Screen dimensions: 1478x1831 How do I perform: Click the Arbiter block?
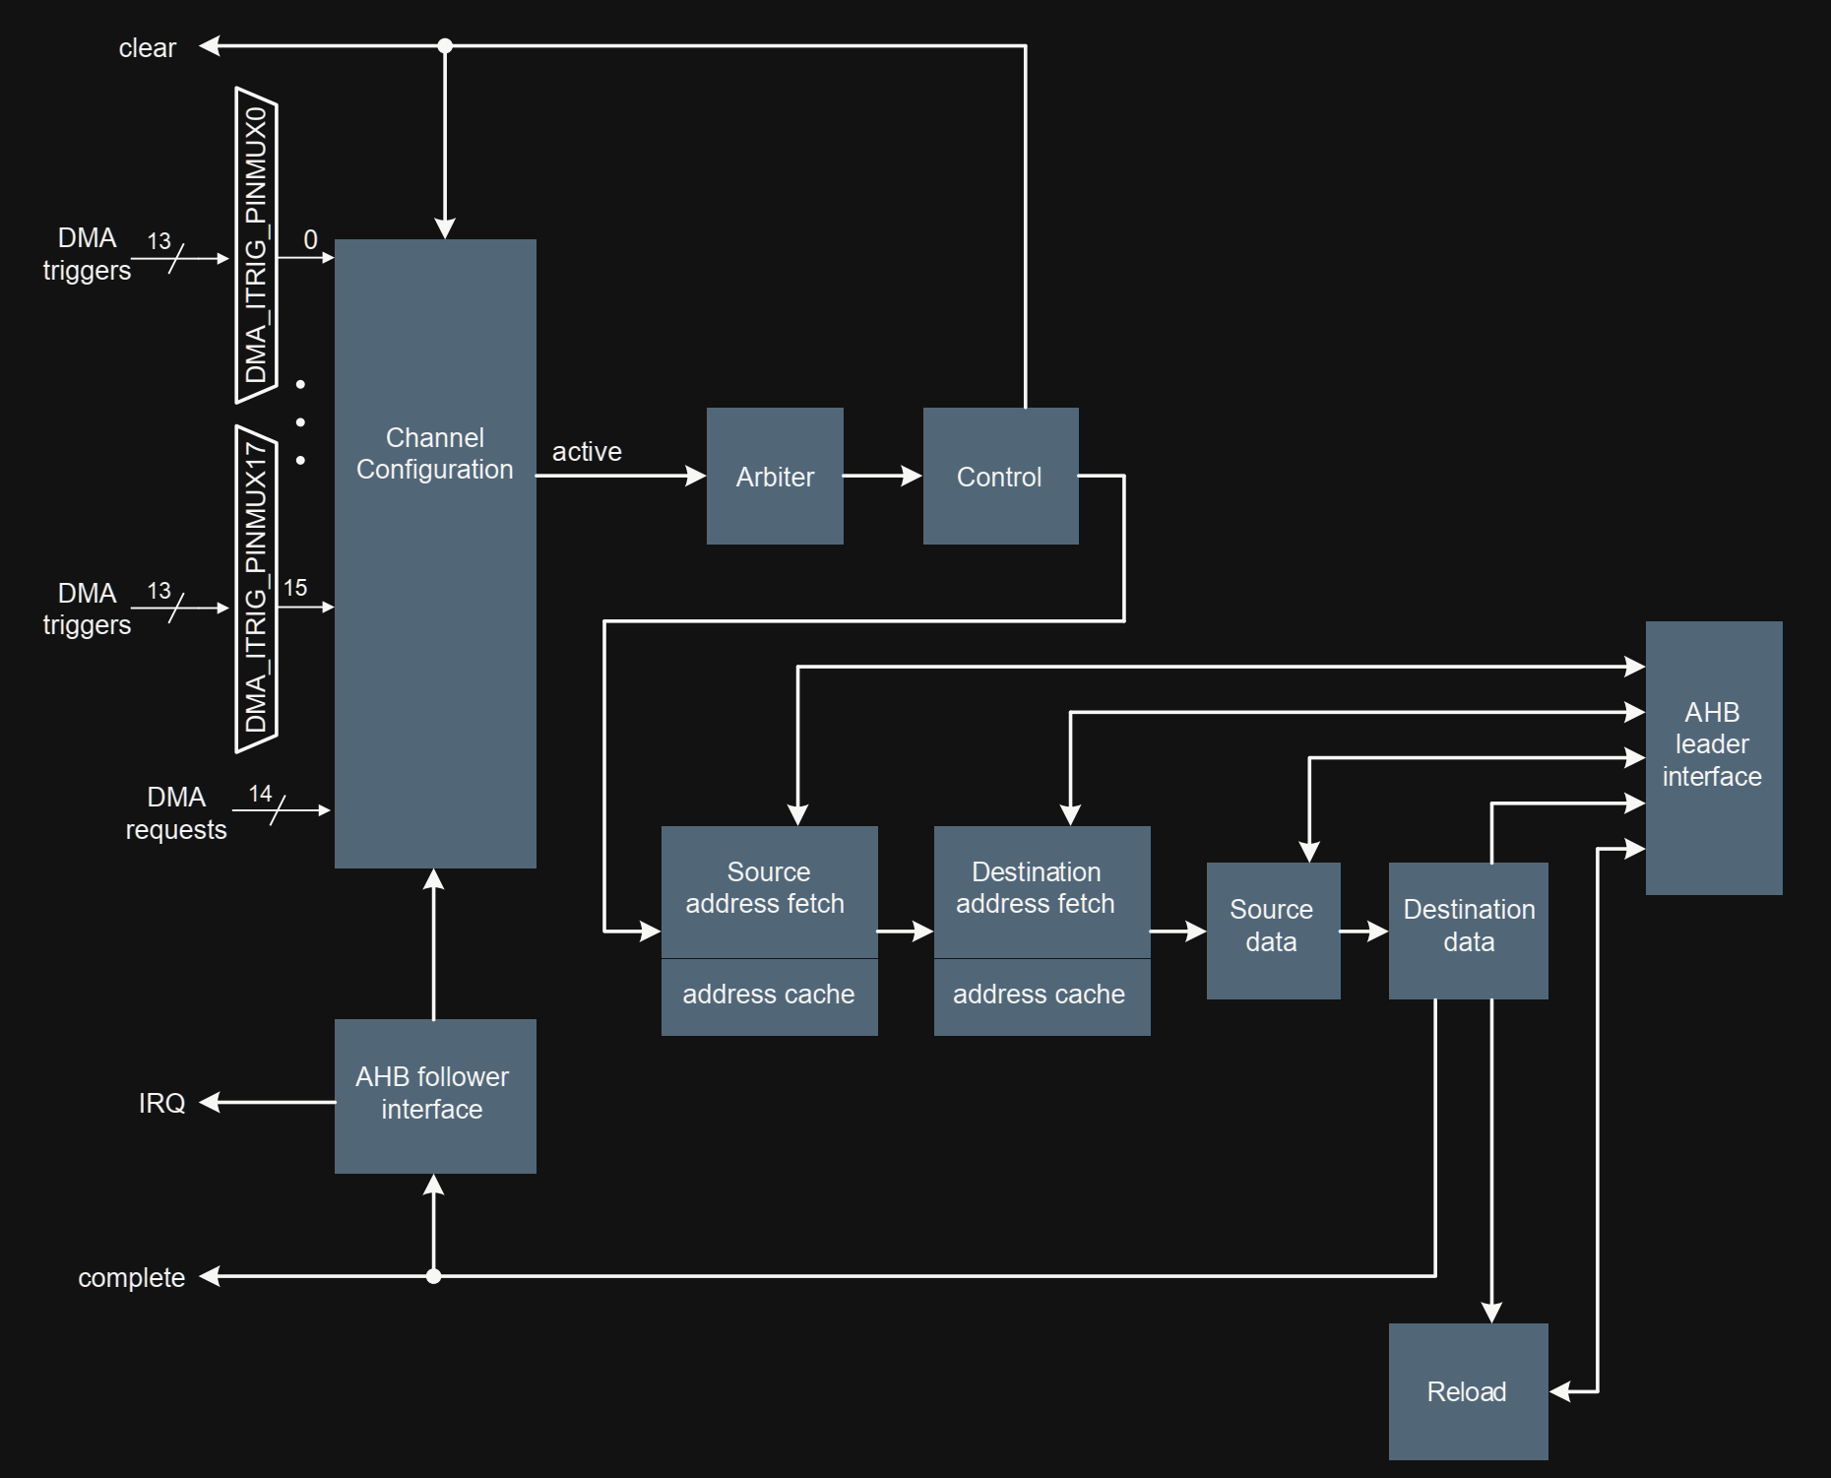775,477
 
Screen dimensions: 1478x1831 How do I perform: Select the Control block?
1000,477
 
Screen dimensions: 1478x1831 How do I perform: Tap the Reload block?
1468,1391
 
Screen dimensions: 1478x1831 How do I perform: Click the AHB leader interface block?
1713,757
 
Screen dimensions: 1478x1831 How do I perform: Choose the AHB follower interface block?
435,1095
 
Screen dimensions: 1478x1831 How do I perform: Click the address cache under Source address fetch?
769,996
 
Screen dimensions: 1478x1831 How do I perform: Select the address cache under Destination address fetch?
1041,996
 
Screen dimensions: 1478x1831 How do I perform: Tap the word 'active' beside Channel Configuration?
587,452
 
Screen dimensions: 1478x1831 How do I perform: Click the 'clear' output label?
148,48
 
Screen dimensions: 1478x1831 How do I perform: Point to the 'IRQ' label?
162,1103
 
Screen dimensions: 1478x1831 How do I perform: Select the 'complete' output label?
132,1278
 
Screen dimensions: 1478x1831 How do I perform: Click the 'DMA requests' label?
176,813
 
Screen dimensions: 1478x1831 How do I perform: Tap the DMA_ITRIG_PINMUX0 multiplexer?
256,245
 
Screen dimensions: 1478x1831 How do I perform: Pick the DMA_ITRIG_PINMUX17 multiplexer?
256,588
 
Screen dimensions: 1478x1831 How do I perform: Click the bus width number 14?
260,794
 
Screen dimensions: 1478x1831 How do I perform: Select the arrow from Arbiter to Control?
882,477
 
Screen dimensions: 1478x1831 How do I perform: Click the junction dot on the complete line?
433,1276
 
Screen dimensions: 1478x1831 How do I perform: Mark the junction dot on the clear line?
445,45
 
